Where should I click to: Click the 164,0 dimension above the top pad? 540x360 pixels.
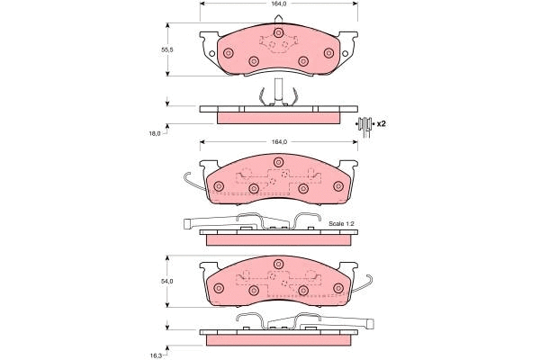tap(279, 4)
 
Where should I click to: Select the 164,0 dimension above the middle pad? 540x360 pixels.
tap(279, 141)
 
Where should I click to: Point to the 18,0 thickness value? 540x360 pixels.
tap(154, 133)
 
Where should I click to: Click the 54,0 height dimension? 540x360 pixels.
tap(166, 282)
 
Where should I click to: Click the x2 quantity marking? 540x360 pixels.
tap(381, 123)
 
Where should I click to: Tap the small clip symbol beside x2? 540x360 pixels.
tap(364, 124)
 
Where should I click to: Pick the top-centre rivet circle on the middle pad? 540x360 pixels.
tap(278, 163)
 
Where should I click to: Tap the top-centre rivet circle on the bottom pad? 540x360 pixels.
tap(278, 265)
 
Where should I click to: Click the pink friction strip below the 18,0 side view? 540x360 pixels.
tap(279, 117)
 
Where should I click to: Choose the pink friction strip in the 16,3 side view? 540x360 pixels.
tap(279, 340)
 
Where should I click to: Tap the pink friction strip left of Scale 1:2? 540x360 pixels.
tap(279, 239)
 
